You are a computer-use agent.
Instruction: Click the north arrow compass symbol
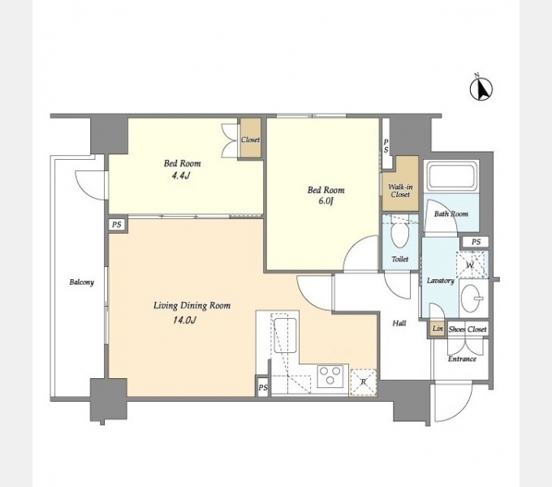481,88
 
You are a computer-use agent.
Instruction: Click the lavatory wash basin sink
470,298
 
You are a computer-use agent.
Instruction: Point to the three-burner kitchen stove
330,376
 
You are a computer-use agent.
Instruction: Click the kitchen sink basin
285,335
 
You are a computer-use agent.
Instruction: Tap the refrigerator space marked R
363,381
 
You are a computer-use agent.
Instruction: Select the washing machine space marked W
470,265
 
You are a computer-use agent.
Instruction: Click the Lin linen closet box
438,329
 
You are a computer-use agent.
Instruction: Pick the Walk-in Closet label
400,191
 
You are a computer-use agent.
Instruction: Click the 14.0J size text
184,321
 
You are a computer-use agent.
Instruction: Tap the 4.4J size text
181,175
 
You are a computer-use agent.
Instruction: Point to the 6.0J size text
326,201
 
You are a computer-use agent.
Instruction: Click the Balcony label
82,282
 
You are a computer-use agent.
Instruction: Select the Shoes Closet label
468,330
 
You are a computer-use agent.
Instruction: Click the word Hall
399,323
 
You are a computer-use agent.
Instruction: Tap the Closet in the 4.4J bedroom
250,138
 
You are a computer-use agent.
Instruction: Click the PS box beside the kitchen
263,387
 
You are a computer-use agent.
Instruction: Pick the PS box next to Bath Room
476,242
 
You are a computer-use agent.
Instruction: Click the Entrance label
462,359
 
